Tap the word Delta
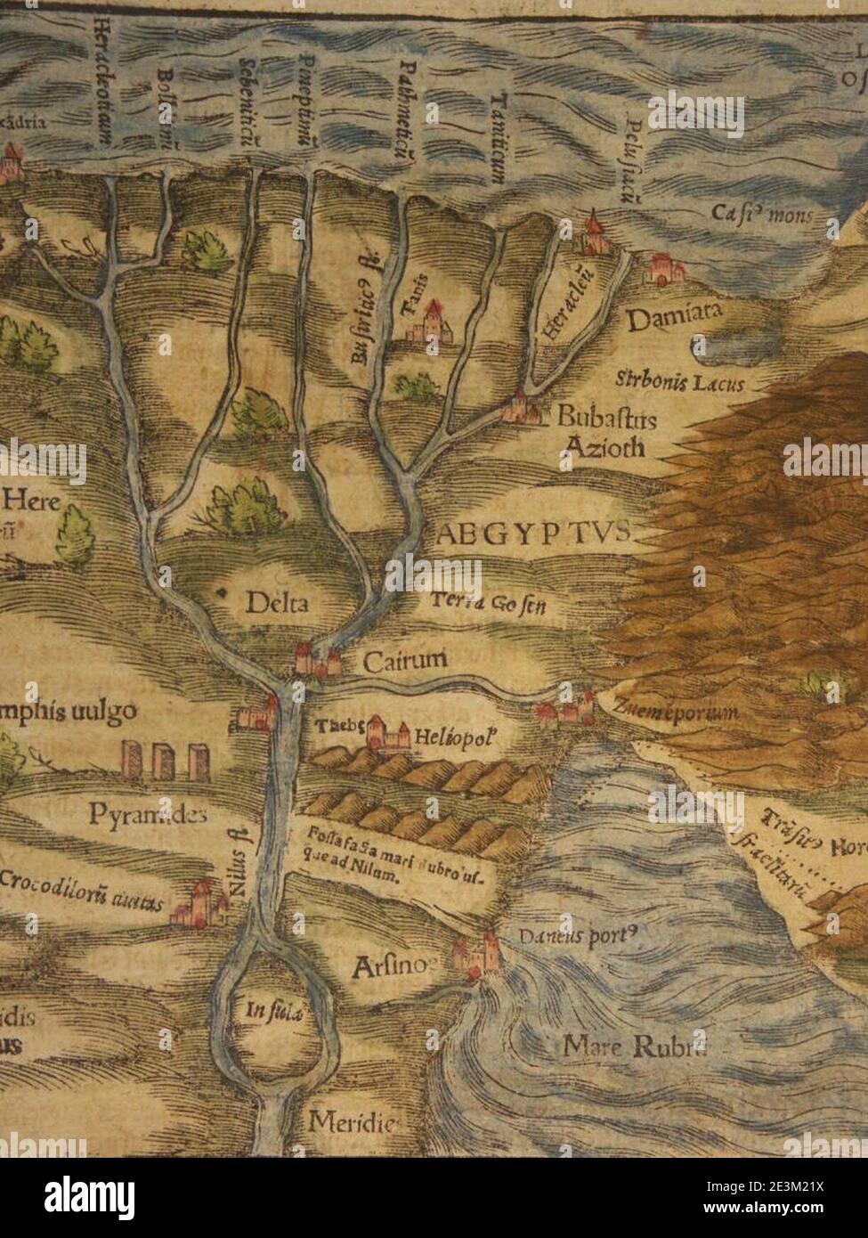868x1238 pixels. point(277,603)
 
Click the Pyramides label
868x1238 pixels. point(149,813)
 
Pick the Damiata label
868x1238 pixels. point(674,318)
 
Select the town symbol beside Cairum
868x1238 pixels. point(317,659)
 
